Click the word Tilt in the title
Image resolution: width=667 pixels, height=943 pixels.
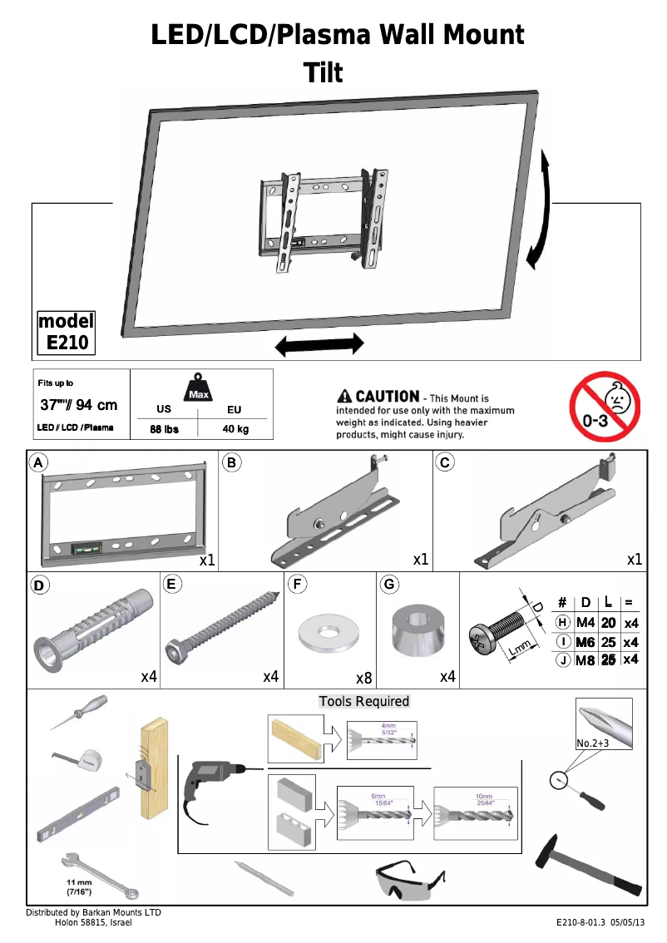point(324,73)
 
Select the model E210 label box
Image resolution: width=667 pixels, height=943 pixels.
point(67,332)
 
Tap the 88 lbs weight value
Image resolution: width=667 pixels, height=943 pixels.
point(164,429)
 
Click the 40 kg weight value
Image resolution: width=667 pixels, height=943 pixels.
point(235,429)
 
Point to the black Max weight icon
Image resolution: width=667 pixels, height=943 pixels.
point(198,388)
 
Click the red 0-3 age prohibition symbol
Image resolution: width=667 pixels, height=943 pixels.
point(604,407)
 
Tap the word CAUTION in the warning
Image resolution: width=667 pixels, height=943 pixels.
point(387,397)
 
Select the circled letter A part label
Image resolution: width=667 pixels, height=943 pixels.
point(37,462)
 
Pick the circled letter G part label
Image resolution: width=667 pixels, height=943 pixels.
point(388,584)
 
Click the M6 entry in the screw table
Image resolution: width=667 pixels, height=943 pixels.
point(587,642)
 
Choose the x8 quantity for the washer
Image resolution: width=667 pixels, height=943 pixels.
point(363,678)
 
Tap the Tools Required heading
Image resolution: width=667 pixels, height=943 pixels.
point(364,701)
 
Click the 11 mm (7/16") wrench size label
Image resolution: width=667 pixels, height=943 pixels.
point(80,886)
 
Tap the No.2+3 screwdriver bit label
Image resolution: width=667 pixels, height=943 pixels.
point(593,743)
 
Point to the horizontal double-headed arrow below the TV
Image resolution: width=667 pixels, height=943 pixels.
point(319,344)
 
